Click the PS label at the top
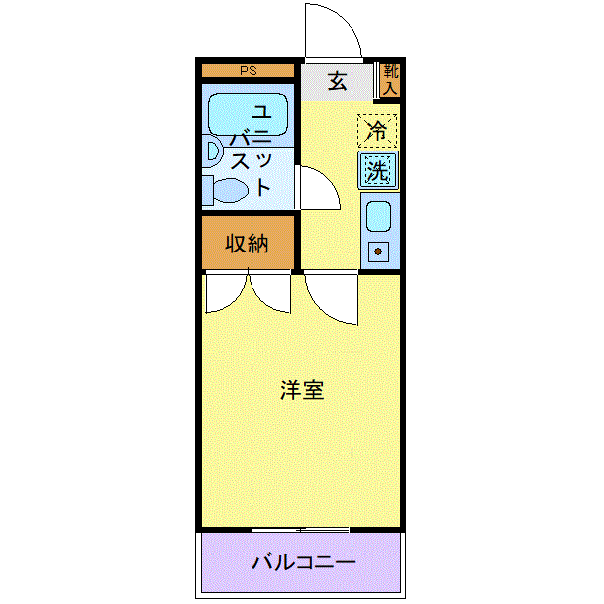[249, 71]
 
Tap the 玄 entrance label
[337, 81]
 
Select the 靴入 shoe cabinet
[390, 80]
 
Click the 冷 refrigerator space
[377, 131]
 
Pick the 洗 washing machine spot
[378, 170]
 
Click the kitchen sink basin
[378, 216]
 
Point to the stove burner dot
[378, 252]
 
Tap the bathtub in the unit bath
[249, 115]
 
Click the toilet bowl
[231, 191]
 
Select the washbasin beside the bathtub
[212, 151]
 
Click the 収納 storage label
[247, 244]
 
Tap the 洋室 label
[302, 390]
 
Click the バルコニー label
[303, 563]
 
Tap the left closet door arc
[235, 302]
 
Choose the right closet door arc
[261, 302]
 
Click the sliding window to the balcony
[300, 530]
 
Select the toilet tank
[208, 190]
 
